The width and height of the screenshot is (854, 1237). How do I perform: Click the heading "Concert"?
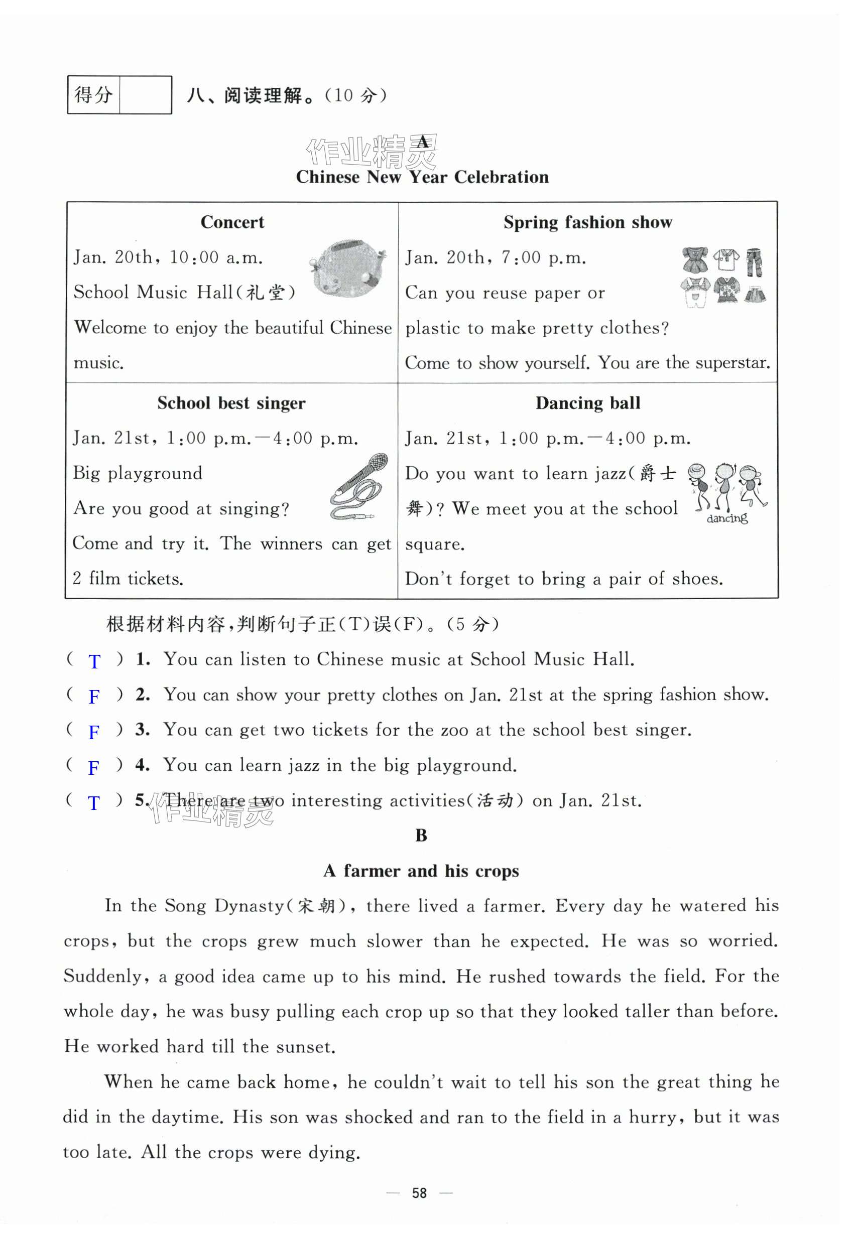coord(232,222)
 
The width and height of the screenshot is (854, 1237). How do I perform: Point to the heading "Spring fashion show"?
coord(587,222)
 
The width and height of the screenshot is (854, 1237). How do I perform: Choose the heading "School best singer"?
coord(231,403)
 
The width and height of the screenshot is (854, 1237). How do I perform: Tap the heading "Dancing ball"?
coord(587,403)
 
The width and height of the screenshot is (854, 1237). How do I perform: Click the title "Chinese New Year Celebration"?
coord(422,177)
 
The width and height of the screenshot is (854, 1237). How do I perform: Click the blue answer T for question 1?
coord(94,661)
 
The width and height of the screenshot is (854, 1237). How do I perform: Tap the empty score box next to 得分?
coord(145,95)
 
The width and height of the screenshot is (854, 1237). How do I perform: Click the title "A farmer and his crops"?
coord(421,871)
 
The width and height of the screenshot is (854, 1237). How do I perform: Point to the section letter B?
coord(421,836)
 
